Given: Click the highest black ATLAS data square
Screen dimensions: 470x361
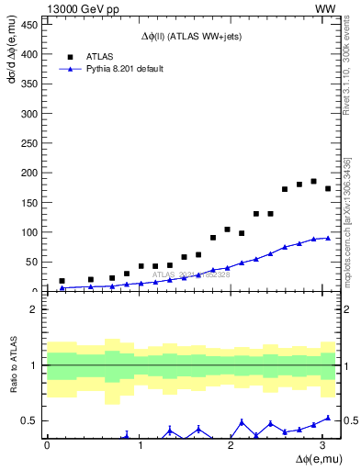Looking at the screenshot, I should pyautogui.click(x=313, y=181).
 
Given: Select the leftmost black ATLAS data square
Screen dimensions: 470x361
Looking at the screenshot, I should pyautogui.click(x=62, y=281).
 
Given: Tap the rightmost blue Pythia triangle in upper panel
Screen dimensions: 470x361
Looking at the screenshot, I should pyautogui.click(x=328, y=238).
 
